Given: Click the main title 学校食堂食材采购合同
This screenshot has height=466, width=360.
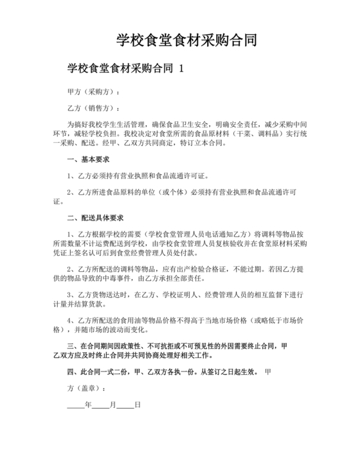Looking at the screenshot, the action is pyautogui.click(x=186, y=40).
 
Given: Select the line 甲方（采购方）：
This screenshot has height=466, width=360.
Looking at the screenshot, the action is pyautogui.click(x=94, y=92).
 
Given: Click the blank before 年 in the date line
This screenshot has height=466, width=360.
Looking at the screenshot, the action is pyautogui.click(x=76, y=406).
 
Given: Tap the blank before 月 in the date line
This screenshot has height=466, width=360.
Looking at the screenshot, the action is pyautogui.click(x=101, y=406).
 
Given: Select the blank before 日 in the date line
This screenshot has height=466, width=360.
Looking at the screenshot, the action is pyautogui.click(x=125, y=406).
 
